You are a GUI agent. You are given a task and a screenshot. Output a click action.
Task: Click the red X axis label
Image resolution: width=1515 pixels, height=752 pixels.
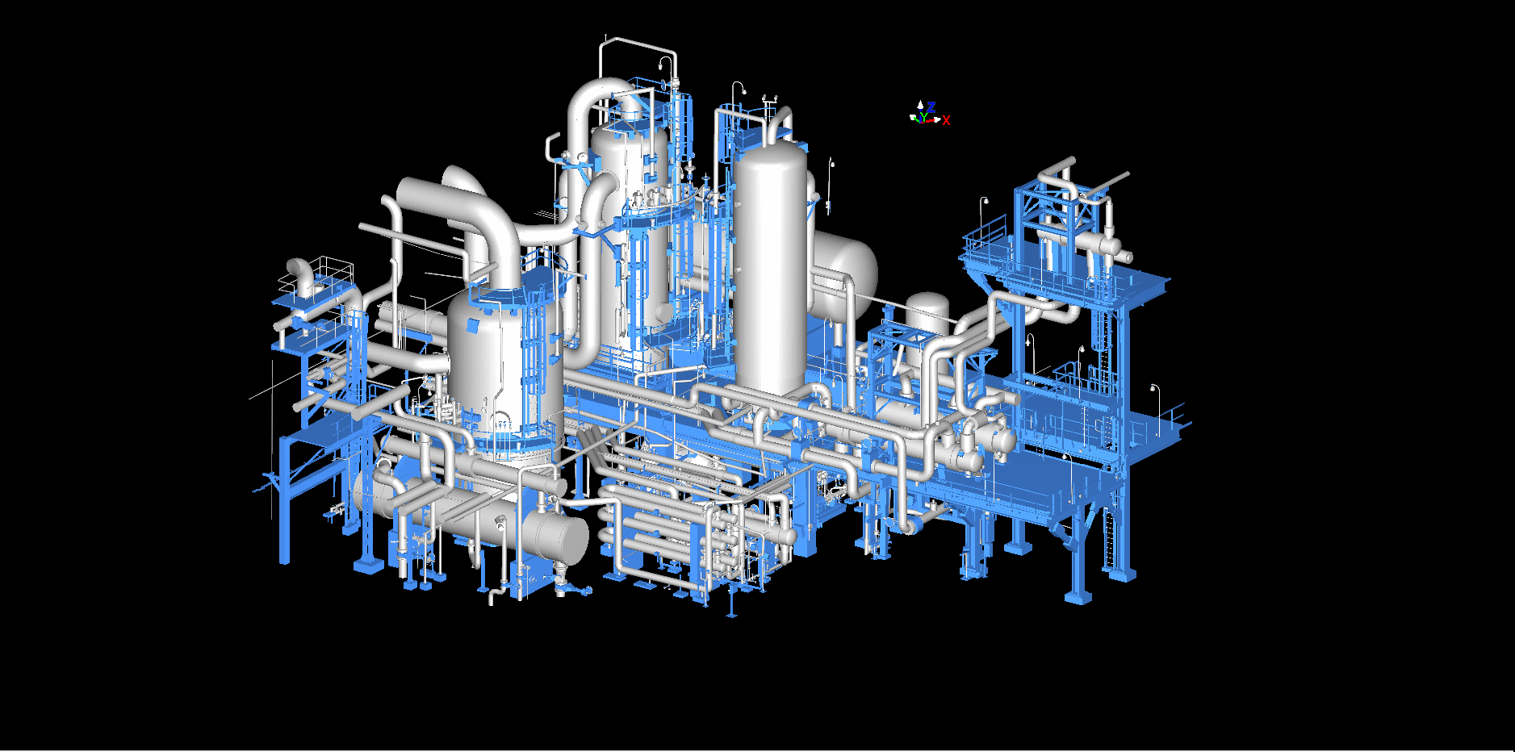tap(946, 121)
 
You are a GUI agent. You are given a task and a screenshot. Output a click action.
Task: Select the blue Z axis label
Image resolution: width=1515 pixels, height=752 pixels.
tap(931, 107)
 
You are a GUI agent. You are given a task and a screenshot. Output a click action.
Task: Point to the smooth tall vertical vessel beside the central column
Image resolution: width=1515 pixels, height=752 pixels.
tap(771, 266)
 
